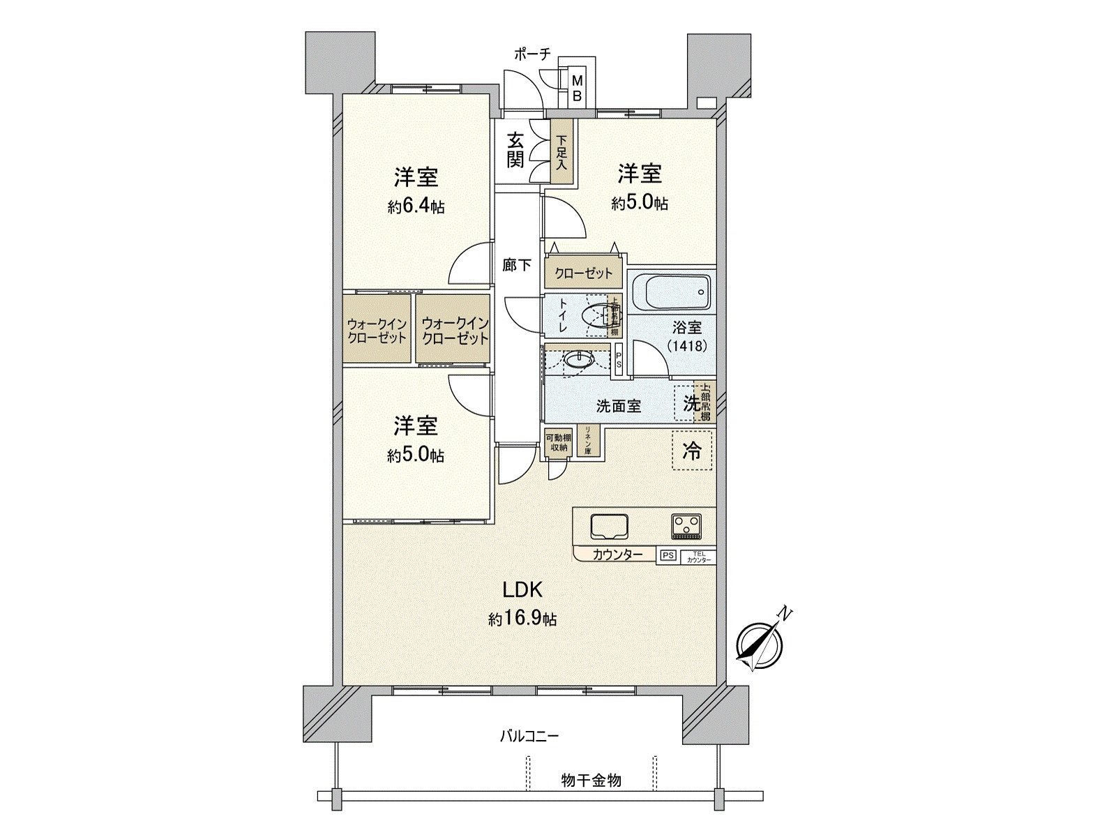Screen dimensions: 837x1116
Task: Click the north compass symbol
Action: [x=757, y=644]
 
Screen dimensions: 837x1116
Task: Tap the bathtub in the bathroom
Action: [x=672, y=292]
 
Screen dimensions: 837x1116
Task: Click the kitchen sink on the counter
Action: [x=610, y=527]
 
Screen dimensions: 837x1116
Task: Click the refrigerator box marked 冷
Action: [x=693, y=451]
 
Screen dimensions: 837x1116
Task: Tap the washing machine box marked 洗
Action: [x=689, y=403]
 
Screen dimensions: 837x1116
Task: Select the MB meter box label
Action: [x=577, y=89]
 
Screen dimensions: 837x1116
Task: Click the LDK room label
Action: [x=523, y=591]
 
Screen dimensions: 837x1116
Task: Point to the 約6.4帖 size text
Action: [x=416, y=206]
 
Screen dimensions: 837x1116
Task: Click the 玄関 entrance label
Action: [x=515, y=151]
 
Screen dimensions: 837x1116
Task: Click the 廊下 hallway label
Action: [x=517, y=265]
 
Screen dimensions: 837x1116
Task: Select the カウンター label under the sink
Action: [x=614, y=555]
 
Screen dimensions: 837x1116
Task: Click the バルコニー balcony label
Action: [x=529, y=736]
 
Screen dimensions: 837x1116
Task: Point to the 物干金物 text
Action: [x=591, y=780]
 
